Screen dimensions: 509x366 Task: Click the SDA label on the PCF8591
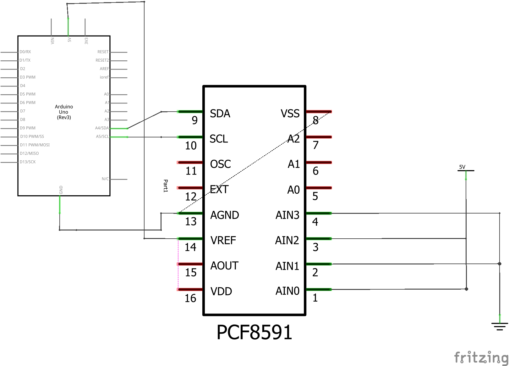[220, 114]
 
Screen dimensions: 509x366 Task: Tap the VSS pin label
[290, 114]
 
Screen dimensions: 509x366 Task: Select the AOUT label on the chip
[224, 266]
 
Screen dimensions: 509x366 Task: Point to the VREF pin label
[223, 241]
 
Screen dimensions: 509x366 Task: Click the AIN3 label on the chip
[287, 215]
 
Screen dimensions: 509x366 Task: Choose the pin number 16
[190, 298]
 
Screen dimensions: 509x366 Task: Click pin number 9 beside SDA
[195, 120]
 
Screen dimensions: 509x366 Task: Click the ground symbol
[500, 326]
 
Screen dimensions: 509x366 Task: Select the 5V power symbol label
[462, 167]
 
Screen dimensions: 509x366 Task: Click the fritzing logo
[481, 358]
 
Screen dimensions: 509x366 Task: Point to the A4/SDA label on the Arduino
[102, 128]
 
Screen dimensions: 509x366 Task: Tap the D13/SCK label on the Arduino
[28, 162]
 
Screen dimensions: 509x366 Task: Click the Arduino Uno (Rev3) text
[64, 112]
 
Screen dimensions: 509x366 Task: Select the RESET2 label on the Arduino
[102, 60]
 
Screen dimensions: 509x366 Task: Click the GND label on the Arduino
[61, 190]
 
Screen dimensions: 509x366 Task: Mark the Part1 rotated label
[166, 186]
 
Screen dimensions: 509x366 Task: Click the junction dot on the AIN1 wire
[500, 264]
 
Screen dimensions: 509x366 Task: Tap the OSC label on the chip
[221, 164]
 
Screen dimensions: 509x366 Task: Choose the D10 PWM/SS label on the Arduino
[32, 136]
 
